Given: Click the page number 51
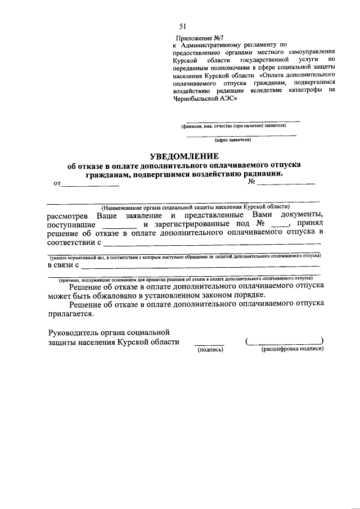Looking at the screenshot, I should (183, 26).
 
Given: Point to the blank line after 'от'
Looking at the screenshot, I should (90, 184).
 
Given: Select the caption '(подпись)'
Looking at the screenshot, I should (209, 349).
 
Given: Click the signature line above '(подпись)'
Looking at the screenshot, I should (209, 343).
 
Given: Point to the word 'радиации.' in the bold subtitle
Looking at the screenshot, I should (260, 174).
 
